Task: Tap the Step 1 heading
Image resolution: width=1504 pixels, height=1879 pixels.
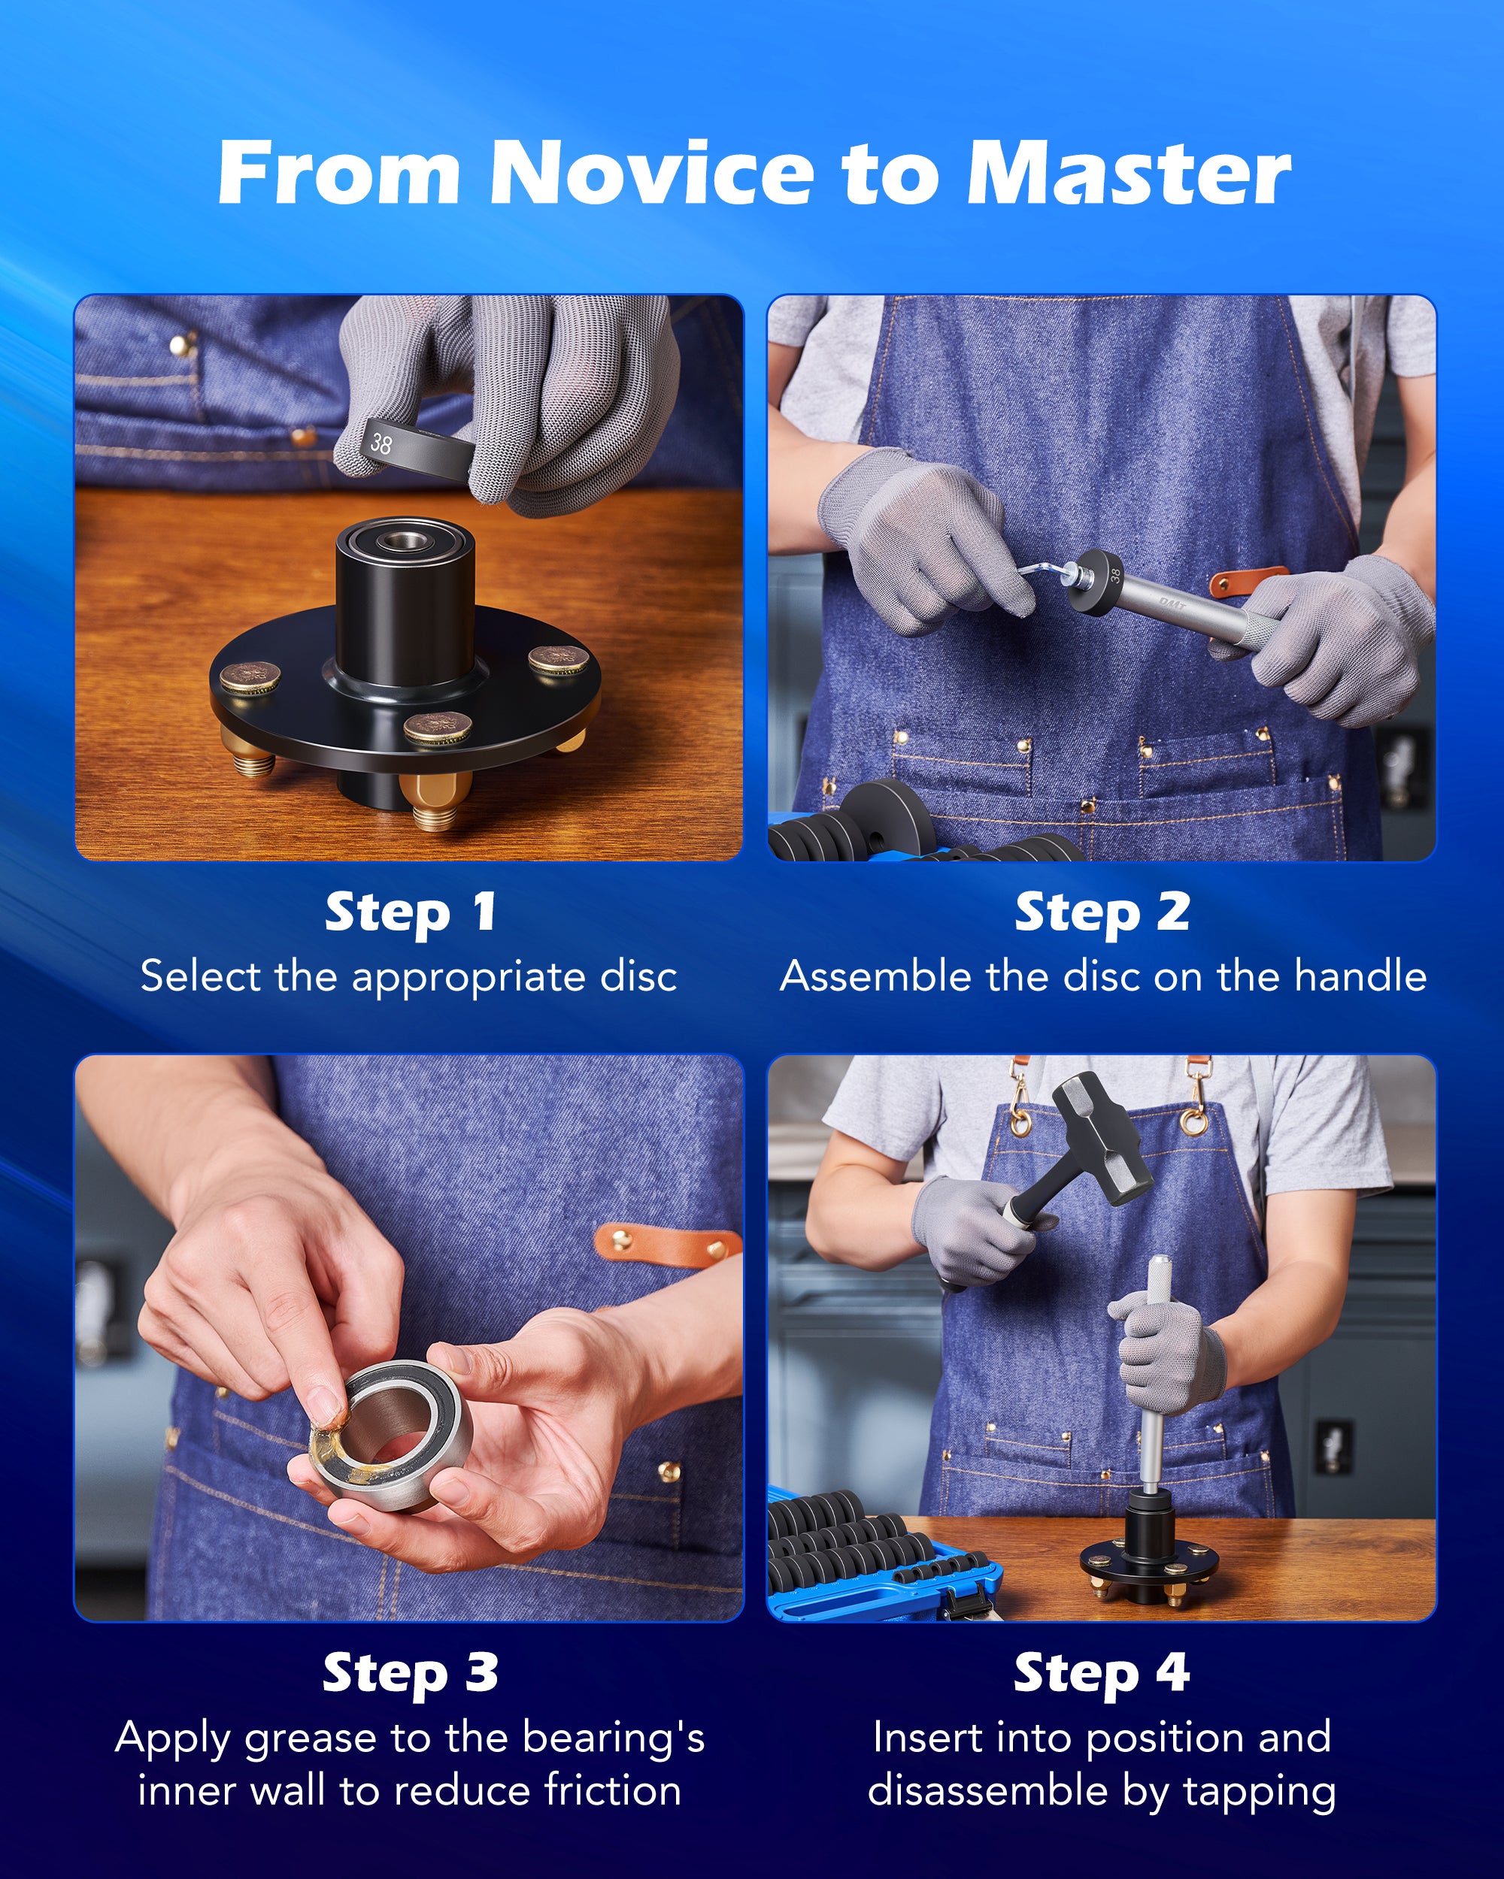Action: [411, 912]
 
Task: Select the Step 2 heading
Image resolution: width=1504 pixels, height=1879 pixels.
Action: [1102, 912]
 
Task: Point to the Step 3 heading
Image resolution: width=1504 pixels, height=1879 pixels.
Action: [411, 1672]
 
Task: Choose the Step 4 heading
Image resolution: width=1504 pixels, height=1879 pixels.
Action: [1102, 1672]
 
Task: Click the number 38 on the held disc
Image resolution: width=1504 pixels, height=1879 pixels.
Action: [381, 443]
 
